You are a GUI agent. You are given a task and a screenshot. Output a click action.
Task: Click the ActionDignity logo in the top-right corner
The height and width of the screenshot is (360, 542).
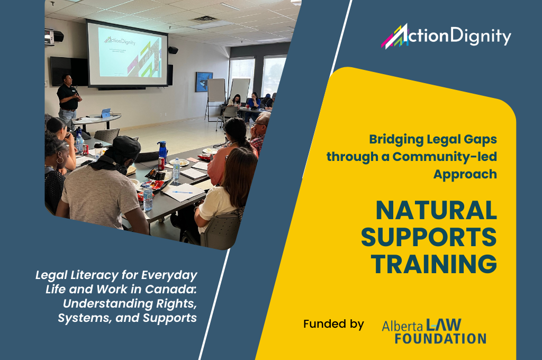pos(446,35)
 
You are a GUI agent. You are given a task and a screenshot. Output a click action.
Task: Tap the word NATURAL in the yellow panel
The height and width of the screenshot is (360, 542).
pos(436,211)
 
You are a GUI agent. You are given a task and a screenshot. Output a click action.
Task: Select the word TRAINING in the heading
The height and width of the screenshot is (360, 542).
pos(434,264)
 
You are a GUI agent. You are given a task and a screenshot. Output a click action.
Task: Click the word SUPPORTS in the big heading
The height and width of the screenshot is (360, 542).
pos(429,237)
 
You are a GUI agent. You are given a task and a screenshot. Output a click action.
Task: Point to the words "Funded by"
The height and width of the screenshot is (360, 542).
pos(333,324)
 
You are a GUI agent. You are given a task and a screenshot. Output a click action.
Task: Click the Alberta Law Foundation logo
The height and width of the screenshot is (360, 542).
pos(434,331)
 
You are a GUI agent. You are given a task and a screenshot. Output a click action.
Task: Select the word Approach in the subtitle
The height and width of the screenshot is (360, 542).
pos(465,174)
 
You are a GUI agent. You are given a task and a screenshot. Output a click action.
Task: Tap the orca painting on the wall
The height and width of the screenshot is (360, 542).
pos(204,82)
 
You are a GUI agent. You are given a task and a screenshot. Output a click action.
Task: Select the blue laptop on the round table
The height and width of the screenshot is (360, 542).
pos(106,113)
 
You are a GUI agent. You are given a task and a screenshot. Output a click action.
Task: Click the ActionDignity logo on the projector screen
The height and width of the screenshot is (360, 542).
pos(120,41)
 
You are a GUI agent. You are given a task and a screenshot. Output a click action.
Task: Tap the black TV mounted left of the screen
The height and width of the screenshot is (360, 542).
pos(69,71)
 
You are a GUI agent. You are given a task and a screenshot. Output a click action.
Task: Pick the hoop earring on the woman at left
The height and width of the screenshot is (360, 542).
pos(60,160)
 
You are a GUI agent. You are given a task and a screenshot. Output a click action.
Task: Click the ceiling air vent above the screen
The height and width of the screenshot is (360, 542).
pos(204,20)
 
